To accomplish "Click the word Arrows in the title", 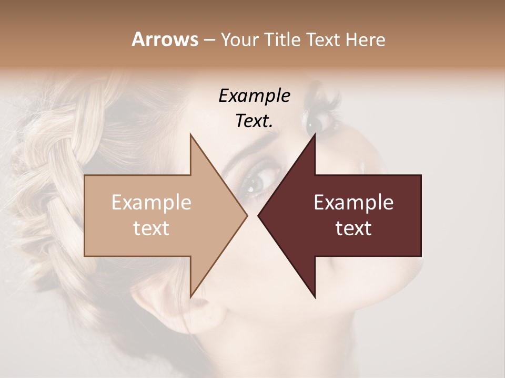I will (165, 39).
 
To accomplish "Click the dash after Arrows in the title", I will (209, 40).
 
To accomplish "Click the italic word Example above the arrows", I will (254, 96).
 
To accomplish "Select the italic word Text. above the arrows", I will (254, 121).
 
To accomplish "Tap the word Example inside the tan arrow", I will (151, 203).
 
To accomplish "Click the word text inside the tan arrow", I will (151, 228).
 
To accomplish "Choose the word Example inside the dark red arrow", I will (353, 203).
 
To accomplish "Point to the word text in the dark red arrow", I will (353, 228).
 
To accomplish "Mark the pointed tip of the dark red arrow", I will (259, 215).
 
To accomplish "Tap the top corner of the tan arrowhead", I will (190, 135).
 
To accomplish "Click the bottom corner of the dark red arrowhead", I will (315, 297).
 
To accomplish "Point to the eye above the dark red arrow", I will (318, 124).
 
